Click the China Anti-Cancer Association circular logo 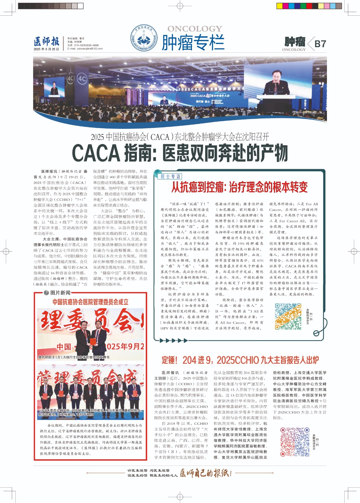point(143,38)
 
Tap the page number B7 point(320,44)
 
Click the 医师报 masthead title point(46,41)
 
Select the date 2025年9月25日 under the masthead point(46,49)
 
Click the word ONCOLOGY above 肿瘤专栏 point(194,29)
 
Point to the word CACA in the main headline point(96,153)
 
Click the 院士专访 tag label point(171,176)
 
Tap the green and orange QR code point(288,316)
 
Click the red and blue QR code point(293,441)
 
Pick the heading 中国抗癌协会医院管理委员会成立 point(90,302)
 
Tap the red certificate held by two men point(93,341)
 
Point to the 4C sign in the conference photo point(82,79)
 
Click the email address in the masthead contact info point(85,49)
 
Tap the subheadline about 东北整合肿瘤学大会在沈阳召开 point(180,137)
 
